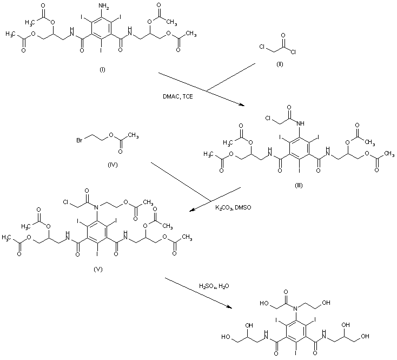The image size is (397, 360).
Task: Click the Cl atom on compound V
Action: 67,204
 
